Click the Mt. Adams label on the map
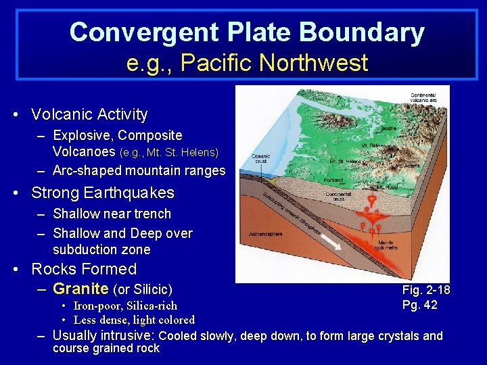(408, 165)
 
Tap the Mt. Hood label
(387, 187)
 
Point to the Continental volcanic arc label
(423, 99)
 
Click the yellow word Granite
(80, 289)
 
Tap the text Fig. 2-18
(426, 290)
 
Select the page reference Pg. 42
(420, 305)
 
